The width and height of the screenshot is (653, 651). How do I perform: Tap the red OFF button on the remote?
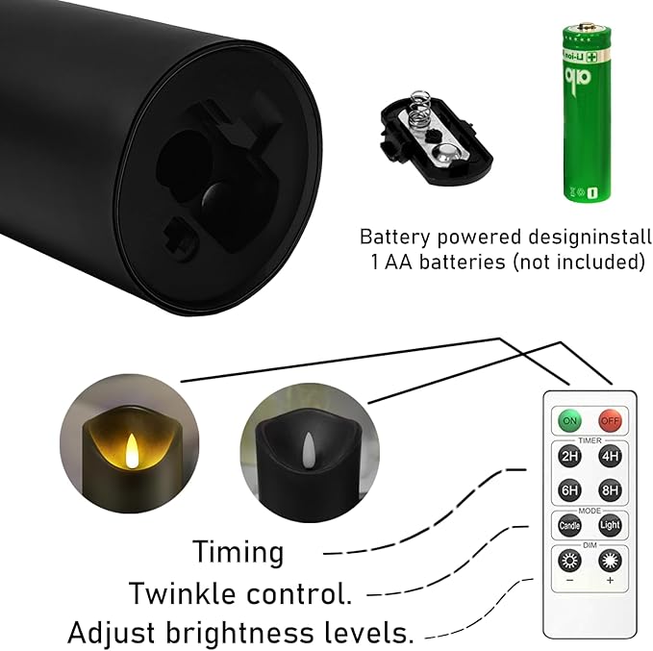point(610,420)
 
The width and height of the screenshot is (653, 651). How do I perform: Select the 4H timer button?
point(610,457)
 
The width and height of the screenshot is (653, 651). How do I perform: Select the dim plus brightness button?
point(610,561)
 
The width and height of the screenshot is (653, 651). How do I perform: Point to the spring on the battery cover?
point(416,111)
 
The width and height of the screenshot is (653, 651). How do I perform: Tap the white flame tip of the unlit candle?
point(308,445)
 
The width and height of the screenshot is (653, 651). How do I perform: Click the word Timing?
point(238,552)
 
